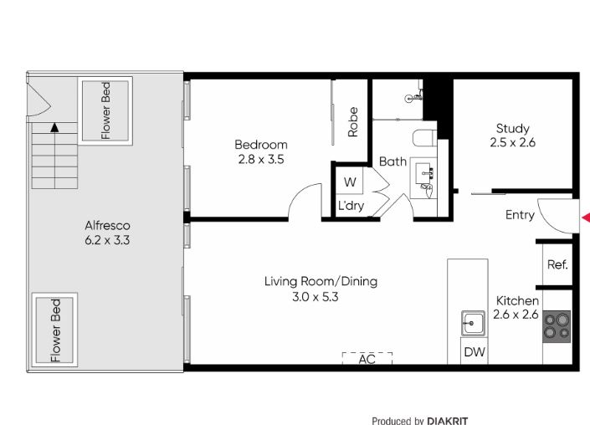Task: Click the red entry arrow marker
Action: (x=586, y=218)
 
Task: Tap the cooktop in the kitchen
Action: (x=557, y=325)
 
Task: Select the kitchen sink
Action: (x=474, y=321)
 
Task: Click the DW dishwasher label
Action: (x=475, y=352)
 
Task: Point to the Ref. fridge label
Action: (x=557, y=264)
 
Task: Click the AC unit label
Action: (x=367, y=359)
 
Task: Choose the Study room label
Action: (x=512, y=128)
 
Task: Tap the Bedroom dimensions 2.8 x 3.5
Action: (x=260, y=158)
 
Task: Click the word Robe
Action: (x=353, y=121)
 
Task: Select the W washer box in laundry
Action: (x=349, y=182)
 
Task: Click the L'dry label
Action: (x=351, y=206)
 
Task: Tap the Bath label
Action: (x=392, y=161)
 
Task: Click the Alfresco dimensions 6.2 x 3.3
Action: (x=107, y=239)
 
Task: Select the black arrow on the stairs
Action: (x=54, y=128)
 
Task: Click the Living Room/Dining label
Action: (x=321, y=281)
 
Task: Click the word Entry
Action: (x=520, y=215)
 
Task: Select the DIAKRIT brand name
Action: (x=452, y=420)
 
